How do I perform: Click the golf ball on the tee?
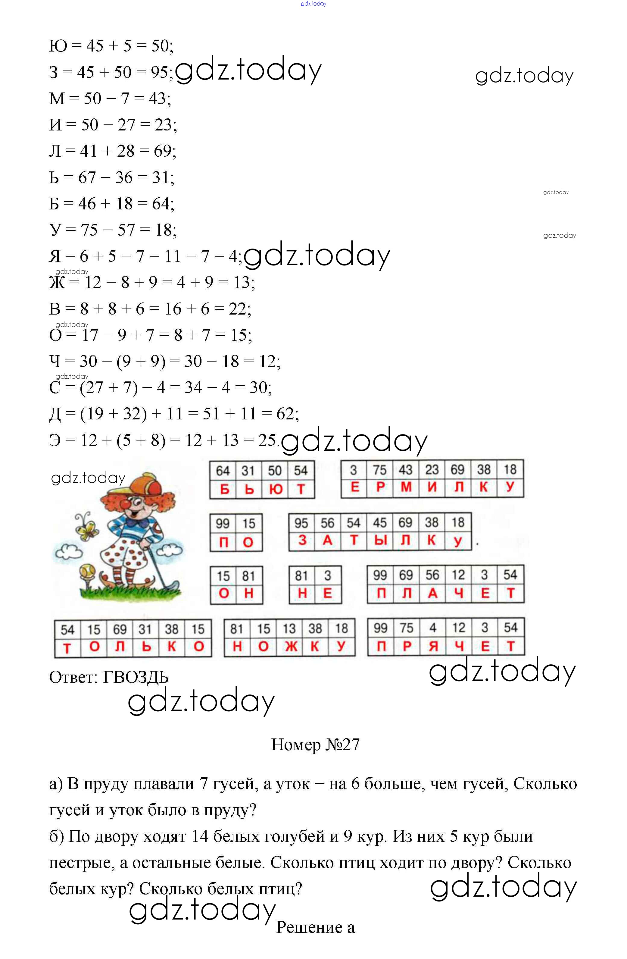pos(87,571)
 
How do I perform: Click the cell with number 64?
pos(223,471)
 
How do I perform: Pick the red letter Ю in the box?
pos(276,489)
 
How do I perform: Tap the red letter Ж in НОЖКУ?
pos(291,646)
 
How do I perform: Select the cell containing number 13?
pos(289,628)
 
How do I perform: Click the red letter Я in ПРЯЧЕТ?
pos(433,646)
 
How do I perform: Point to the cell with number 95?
pos(301,523)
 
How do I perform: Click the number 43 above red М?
pos(406,470)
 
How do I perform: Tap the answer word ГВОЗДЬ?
pos(136,677)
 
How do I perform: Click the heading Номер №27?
pos(315,745)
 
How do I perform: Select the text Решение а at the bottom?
pos(315,927)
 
